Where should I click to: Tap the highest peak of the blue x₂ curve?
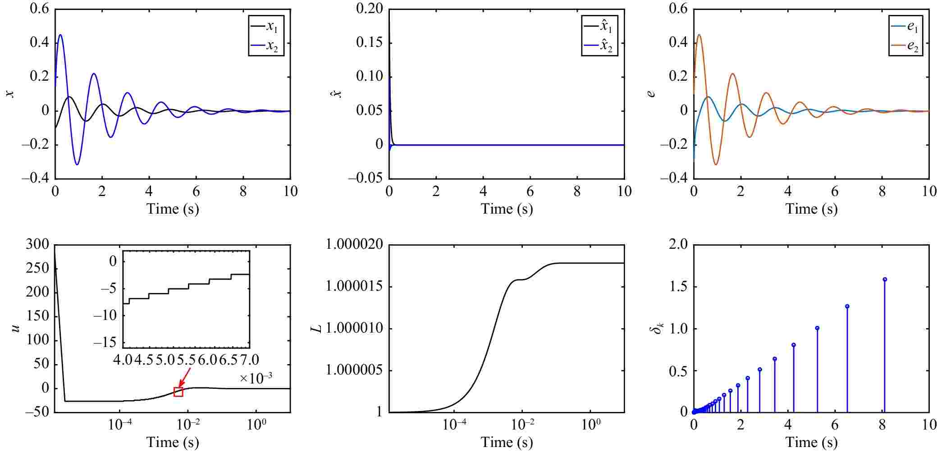pos(60,35)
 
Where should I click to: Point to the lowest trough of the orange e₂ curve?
pos(716,164)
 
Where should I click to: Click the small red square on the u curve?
pos(178,392)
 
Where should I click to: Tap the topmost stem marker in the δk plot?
pos(885,279)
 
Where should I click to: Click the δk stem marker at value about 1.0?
pos(817,328)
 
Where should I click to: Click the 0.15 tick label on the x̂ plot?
pos(369,43)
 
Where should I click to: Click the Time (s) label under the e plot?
pos(811,209)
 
